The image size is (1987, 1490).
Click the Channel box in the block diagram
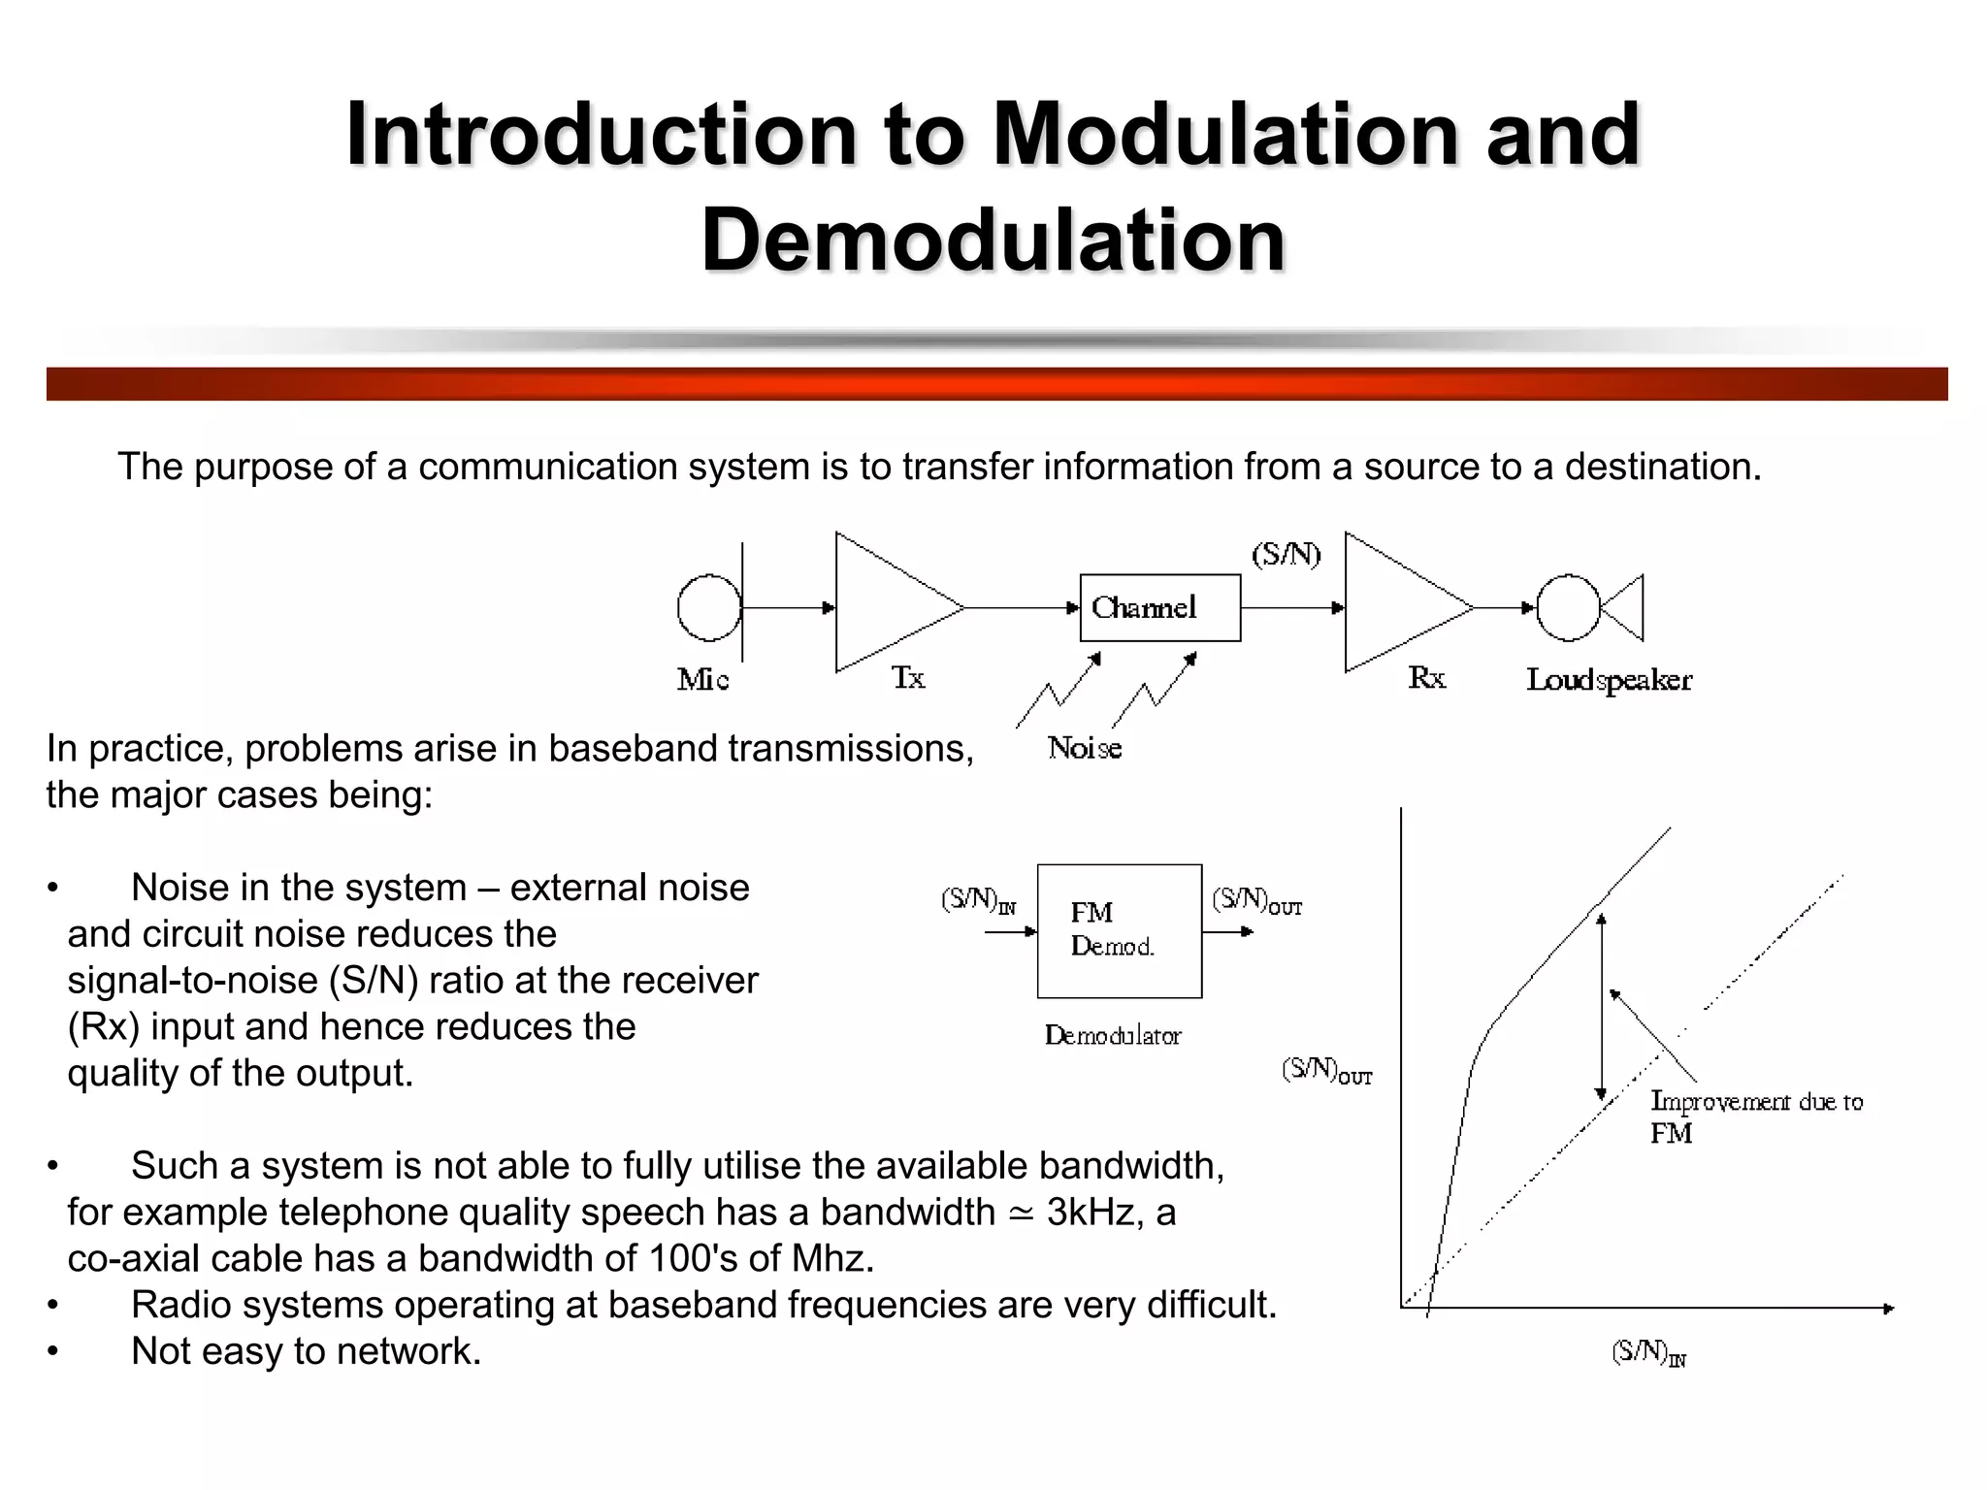[1159, 608]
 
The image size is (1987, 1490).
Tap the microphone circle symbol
[708, 608]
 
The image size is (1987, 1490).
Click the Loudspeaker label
[1609, 680]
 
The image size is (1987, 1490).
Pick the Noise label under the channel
[1085, 748]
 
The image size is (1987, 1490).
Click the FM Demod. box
[1119, 930]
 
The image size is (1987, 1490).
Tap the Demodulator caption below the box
[1113, 1036]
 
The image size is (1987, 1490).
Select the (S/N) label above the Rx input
[1286, 555]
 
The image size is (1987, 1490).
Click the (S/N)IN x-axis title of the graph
[1648, 1352]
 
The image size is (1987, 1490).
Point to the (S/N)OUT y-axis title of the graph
[1326, 1071]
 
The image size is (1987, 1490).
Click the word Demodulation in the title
[993, 240]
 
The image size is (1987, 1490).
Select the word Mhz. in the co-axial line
[832, 1259]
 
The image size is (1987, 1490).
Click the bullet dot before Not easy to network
[53, 1352]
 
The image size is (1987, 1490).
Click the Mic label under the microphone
[702, 680]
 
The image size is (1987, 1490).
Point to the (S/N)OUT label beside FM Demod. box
[1256, 901]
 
